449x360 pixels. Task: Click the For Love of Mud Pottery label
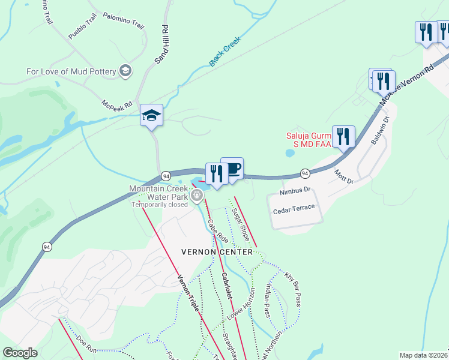(x=71, y=71)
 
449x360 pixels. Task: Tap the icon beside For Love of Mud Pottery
(x=125, y=71)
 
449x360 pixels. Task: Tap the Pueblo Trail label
(x=82, y=28)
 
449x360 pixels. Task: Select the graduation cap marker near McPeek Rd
(x=151, y=115)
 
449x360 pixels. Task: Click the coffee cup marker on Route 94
(x=232, y=169)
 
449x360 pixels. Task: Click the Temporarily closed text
(x=160, y=204)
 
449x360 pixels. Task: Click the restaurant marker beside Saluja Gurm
(x=343, y=136)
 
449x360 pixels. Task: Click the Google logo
(x=20, y=353)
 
